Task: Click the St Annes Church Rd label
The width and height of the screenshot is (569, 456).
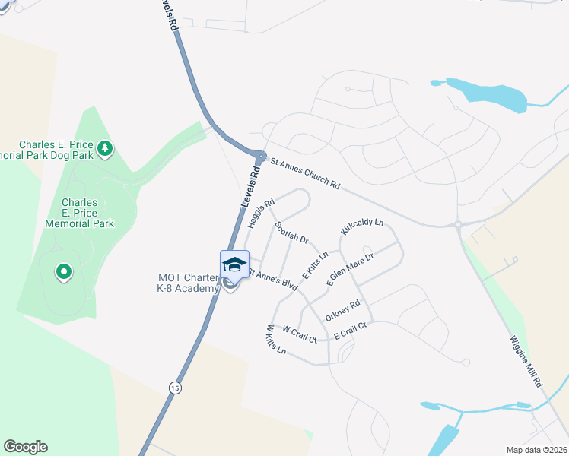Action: point(305,172)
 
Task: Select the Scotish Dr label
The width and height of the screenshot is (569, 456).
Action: point(291,232)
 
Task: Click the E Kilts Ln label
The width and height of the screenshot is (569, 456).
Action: point(315,264)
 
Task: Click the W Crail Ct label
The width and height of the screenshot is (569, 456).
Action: point(299,334)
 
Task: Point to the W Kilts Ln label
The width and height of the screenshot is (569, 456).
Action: point(275,340)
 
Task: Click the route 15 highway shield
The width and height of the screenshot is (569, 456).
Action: point(176,388)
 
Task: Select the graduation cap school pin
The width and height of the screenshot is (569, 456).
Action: point(234,264)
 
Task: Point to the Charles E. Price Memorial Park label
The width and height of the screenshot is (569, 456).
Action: point(79,213)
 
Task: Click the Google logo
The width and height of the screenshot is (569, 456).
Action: point(26,447)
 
